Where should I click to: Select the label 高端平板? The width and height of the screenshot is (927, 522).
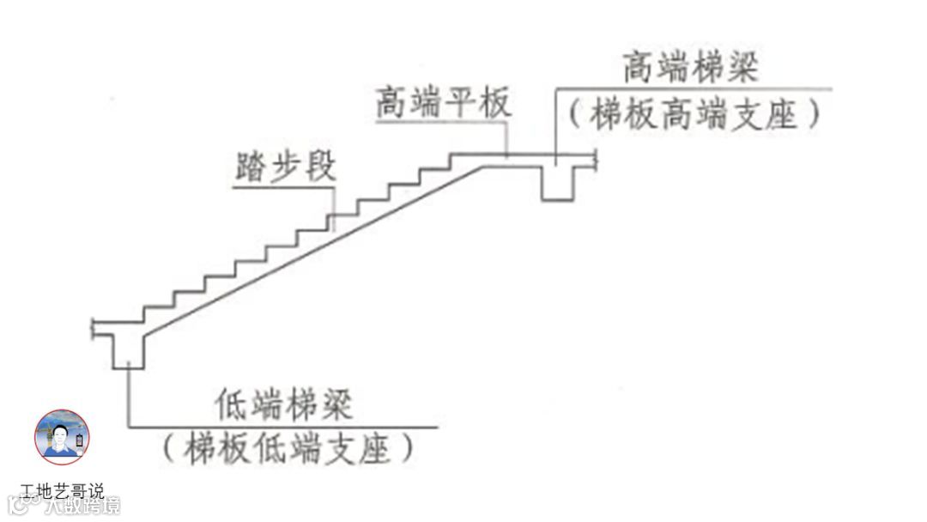pyautogui.click(x=443, y=103)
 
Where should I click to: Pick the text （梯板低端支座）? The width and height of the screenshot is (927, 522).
pyautogui.click(x=287, y=449)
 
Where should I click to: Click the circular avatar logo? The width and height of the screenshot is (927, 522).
pyautogui.click(x=62, y=437)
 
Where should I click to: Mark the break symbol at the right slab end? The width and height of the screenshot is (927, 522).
pyautogui.click(x=594, y=156)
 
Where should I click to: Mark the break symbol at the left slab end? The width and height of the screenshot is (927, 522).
pyautogui.click(x=94, y=326)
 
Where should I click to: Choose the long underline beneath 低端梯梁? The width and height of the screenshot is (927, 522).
pyautogui.click(x=283, y=425)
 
